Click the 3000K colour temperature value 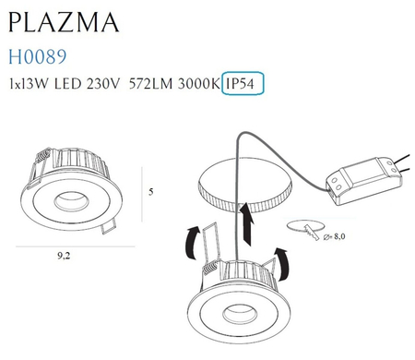click(197, 85)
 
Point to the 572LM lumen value click(151, 85)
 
